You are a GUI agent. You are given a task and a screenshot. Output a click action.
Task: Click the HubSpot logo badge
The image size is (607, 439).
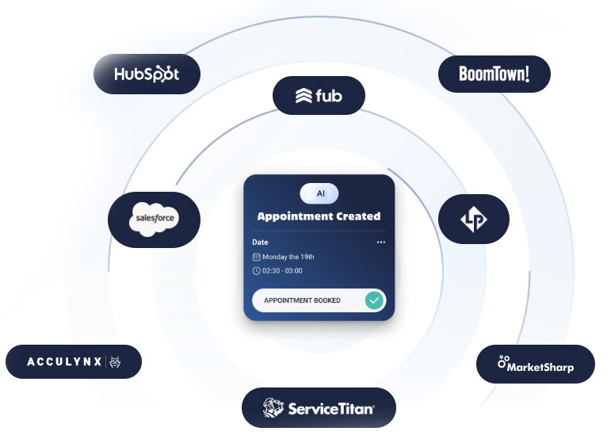tap(147, 74)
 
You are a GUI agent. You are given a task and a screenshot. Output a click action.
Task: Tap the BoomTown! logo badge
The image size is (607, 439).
tap(494, 74)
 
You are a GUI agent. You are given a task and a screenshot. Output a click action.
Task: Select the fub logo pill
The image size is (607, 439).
tap(319, 96)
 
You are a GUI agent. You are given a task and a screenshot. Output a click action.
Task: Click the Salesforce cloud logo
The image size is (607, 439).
tap(155, 216)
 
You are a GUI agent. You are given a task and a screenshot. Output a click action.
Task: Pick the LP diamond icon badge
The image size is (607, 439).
tap(474, 219)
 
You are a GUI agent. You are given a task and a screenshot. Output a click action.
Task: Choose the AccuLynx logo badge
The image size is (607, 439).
tap(74, 361)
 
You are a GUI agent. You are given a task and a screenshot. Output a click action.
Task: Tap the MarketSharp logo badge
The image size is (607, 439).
tap(535, 365)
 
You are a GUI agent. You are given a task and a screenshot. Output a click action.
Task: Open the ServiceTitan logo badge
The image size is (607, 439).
tap(319, 408)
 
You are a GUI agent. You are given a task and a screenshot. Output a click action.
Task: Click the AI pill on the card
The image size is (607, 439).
tap(319, 193)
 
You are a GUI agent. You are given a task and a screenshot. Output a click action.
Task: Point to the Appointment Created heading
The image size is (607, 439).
tap(319, 216)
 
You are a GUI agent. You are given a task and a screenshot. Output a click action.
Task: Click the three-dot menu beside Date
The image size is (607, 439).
tap(381, 242)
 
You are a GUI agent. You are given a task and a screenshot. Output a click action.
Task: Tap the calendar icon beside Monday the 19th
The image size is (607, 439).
tap(256, 257)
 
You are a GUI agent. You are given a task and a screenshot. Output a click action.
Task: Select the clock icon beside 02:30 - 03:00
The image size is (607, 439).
tap(256, 271)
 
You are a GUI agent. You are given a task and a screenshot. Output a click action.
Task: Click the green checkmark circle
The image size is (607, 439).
tap(374, 300)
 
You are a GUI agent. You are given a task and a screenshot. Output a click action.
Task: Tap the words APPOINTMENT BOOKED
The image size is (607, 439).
tap(302, 301)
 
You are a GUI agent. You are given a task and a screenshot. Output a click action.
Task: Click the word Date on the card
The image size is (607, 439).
tap(260, 242)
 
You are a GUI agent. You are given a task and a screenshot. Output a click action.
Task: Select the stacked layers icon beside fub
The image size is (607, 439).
tap(304, 97)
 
